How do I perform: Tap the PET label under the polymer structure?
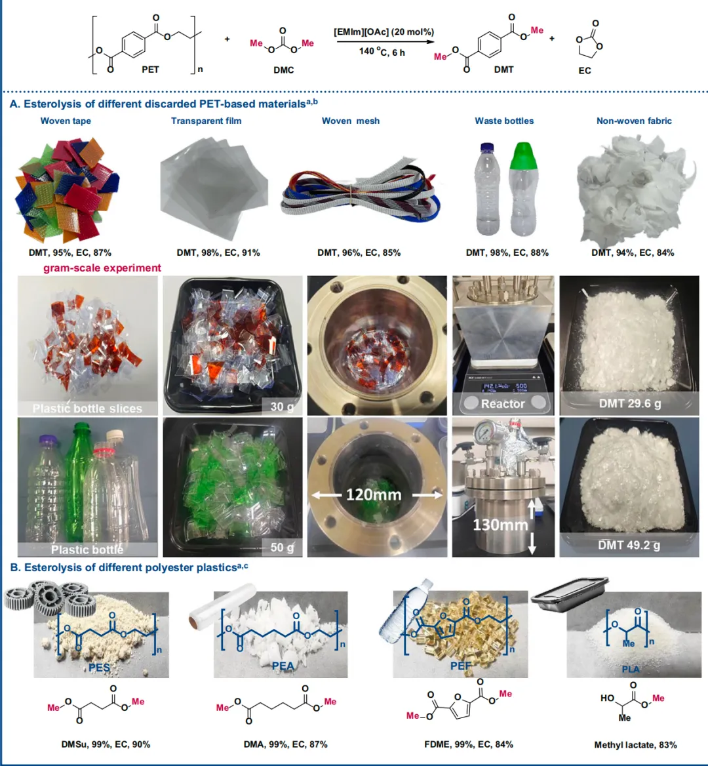[x=150, y=70]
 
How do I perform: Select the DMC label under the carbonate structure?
[x=284, y=70]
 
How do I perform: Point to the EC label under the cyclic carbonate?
[x=585, y=70]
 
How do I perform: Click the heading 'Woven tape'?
[x=66, y=121]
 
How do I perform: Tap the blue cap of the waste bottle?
[x=487, y=148]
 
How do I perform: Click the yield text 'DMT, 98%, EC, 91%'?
[x=218, y=252]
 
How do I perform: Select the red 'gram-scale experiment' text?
[x=102, y=268]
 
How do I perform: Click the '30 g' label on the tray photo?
[x=283, y=407]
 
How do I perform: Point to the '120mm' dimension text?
[x=374, y=494]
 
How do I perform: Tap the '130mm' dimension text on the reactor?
[x=500, y=525]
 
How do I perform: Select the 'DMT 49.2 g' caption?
[x=629, y=544]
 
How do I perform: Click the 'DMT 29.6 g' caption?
[x=630, y=403]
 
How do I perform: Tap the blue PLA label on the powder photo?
[x=631, y=669]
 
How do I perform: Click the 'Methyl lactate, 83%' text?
[x=635, y=745]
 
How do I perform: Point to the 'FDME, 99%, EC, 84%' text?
[x=469, y=744]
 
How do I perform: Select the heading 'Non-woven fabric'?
[x=634, y=121]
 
